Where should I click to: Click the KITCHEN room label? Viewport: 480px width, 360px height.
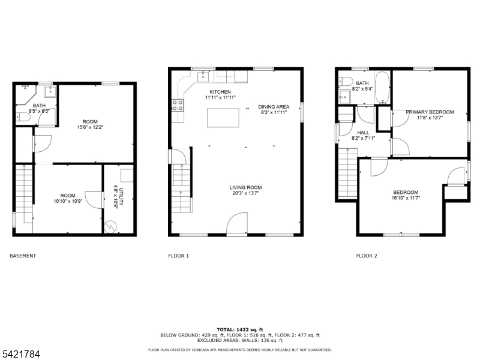pos(220,92)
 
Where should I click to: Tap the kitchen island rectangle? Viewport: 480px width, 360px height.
pos(223,118)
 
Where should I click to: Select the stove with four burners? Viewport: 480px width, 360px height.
pos(178,105)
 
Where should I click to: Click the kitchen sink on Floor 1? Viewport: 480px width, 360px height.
pos(203,77)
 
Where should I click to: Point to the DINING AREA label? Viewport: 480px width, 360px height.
pos(274,107)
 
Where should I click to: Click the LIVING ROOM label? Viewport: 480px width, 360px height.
pos(245,187)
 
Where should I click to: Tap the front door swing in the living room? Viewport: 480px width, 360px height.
pos(236,224)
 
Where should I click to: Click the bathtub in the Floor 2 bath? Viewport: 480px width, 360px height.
pos(382,88)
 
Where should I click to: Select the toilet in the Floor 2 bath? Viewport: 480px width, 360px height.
pos(345,82)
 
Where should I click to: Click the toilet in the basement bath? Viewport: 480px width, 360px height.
pos(23,117)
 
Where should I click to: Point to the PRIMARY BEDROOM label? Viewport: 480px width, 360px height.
pos(430,112)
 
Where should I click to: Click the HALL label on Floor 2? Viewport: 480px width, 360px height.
pos(363,133)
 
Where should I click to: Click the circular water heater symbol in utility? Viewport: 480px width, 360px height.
pos(110,227)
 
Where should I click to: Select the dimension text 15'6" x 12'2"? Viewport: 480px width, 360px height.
pos(90,127)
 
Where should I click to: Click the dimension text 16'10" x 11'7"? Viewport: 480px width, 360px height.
pos(406,198)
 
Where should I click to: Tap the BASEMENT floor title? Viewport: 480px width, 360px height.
pos(23,256)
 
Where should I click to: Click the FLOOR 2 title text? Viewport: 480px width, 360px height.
pos(367,256)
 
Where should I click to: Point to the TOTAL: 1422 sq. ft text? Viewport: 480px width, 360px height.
pos(239,329)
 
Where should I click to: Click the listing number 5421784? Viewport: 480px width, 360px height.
pos(20,354)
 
